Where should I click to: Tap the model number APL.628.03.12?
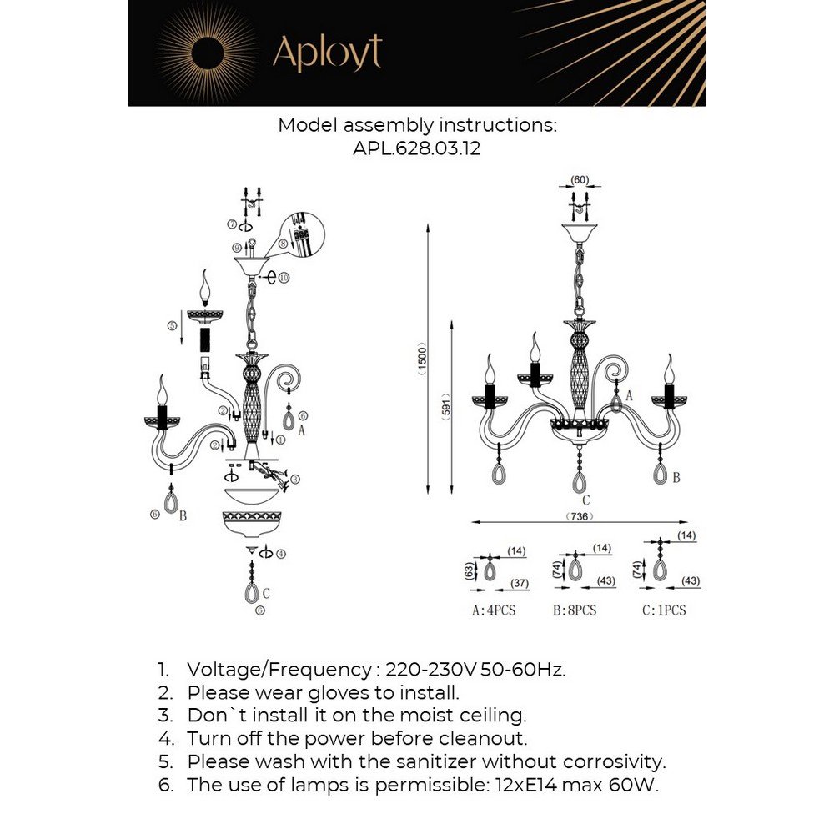point(416,148)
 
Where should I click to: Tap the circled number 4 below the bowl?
point(281,553)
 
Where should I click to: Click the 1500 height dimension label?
point(422,359)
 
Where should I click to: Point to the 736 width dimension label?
point(582,517)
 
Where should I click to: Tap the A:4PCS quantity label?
point(494,610)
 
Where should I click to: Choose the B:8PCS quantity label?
point(575,610)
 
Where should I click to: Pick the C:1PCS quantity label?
point(664,610)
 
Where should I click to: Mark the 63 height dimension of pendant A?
point(469,570)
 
